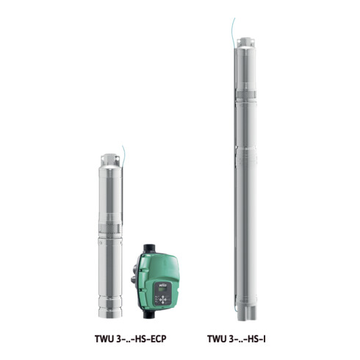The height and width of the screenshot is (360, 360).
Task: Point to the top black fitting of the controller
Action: pyautogui.click(x=150, y=248)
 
